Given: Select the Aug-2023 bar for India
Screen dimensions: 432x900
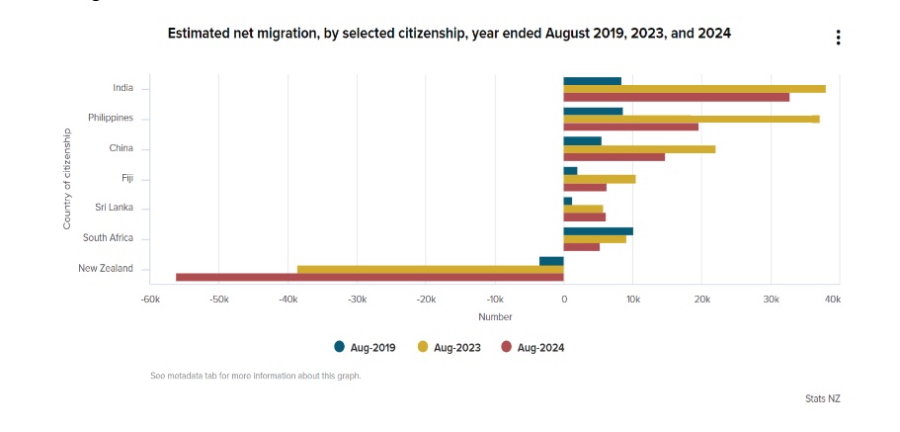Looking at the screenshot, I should point(695,89).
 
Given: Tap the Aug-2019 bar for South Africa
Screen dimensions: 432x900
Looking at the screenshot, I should point(598,231).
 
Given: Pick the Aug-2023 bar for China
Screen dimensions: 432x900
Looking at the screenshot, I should point(639,149).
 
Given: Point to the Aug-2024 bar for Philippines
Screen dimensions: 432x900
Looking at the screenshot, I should point(630,127).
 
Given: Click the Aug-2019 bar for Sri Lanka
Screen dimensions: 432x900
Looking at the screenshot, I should point(568,201).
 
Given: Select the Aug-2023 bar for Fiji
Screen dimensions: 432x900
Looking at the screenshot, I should point(600,179).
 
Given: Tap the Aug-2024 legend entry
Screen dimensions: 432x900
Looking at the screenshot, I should point(533,347).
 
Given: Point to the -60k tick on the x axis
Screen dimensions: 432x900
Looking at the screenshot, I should point(150,299).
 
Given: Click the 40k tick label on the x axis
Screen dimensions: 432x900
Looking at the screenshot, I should point(832,299).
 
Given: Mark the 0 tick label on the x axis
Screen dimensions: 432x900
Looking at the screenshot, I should point(564,299).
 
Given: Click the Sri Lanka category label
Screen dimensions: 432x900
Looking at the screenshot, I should point(114,208).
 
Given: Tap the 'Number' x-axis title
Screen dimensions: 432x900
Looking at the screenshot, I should point(495,316).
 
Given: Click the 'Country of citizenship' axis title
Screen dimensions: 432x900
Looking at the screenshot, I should point(67,178).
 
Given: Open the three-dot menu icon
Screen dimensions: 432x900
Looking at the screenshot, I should point(838,38).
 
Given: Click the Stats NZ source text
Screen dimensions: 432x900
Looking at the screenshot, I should point(822,398).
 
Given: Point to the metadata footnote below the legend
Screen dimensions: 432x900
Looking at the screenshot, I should point(255,376).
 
